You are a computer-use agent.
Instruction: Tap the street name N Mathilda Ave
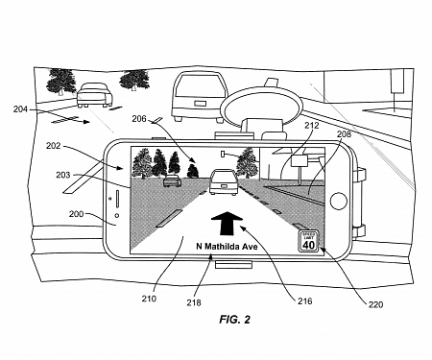[227, 243]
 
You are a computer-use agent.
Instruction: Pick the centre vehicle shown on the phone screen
[222, 179]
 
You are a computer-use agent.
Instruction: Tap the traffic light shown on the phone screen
[223, 153]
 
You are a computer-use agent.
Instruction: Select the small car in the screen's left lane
[173, 180]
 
